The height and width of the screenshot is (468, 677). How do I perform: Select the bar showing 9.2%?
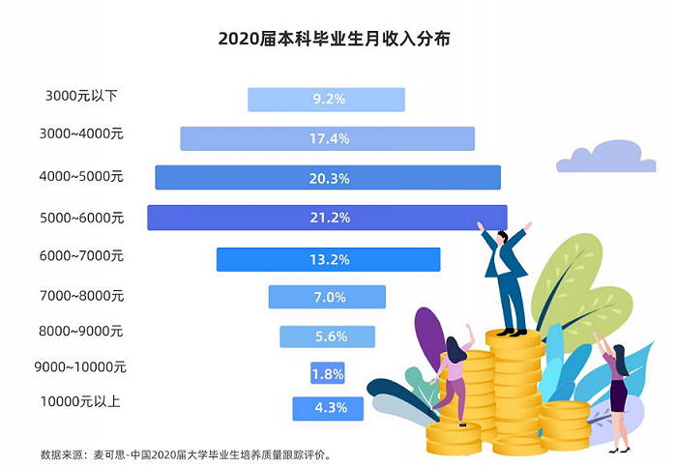click(326, 100)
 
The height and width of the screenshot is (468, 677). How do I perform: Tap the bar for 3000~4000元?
click(327, 139)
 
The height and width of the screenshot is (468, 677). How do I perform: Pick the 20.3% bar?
click(328, 178)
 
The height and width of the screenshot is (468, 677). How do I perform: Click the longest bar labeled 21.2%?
click(327, 218)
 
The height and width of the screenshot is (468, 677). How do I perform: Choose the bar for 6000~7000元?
click(328, 259)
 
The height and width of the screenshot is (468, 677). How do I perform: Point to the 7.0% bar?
click(327, 297)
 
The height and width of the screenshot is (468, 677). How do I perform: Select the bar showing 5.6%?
click(327, 336)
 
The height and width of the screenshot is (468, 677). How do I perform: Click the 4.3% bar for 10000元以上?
click(327, 408)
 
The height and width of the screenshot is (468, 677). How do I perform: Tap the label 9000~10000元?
click(83, 367)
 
